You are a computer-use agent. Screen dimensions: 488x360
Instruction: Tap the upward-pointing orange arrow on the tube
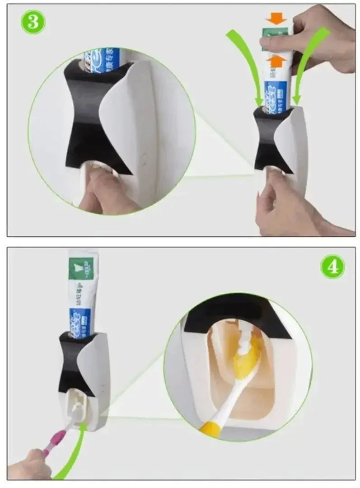pyautogui.click(x=276, y=60)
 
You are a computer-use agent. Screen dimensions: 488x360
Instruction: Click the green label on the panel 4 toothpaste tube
pyautogui.click(x=81, y=267)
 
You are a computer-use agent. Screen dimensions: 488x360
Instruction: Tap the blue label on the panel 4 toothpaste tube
pyautogui.click(x=79, y=322)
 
